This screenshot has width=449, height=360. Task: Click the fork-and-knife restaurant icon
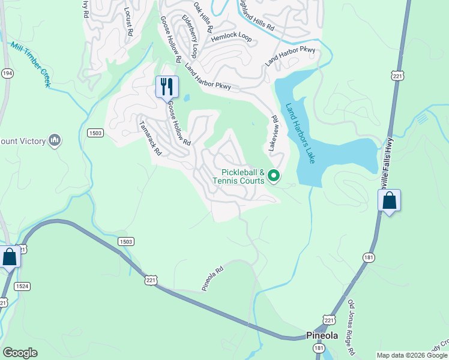click(x=167, y=86)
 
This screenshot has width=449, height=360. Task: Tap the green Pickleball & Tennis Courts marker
click(x=274, y=176)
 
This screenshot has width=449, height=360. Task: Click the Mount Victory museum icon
click(x=55, y=140)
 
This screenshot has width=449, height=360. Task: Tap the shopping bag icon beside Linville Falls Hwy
click(x=389, y=201)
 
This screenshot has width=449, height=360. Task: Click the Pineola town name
click(x=322, y=335)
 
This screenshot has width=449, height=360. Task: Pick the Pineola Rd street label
click(x=212, y=279)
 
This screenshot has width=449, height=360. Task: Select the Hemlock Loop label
click(x=231, y=37)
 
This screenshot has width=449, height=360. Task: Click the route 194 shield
click(x=7, y=73)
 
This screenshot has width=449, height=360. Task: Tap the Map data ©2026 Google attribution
click(x=411, y=355)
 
